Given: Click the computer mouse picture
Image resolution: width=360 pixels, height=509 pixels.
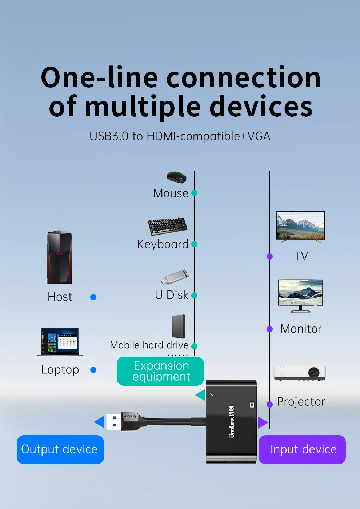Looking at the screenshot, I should click(176, 177).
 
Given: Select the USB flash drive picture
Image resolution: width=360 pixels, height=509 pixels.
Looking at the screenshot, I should click(175, 277).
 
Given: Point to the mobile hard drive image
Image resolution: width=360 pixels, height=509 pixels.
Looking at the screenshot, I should click(179, 326).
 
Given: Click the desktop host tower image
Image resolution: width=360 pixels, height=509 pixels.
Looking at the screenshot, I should click(59, 257).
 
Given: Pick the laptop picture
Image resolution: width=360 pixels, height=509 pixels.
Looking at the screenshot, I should click(60, 341).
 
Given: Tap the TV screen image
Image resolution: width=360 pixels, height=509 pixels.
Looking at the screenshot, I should click(301, 225).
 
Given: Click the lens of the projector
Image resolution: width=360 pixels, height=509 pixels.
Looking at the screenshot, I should click(313, 372).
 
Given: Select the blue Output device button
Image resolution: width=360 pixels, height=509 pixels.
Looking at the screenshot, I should click(60, 449).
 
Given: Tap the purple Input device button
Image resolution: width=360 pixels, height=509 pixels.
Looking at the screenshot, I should click(302, 449).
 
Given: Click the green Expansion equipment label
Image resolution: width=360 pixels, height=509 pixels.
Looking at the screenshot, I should click(160, 371).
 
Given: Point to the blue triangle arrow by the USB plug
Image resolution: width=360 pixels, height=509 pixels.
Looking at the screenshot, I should click(100, 422).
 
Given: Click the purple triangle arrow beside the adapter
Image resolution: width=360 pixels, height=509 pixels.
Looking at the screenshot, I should click(263, 422).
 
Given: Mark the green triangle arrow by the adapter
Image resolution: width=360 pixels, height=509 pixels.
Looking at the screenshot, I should click(201, 395).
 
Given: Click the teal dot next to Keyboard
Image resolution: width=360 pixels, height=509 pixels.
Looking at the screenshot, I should click(195, 244).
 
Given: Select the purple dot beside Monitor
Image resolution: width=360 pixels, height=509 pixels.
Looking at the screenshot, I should click(269, 329).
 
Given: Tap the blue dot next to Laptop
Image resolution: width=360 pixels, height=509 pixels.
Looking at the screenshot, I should click(93, 370).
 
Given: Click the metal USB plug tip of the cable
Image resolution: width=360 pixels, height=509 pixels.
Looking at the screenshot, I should click(113, 422).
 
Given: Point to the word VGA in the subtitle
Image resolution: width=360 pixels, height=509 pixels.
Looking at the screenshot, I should click(259, 136).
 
